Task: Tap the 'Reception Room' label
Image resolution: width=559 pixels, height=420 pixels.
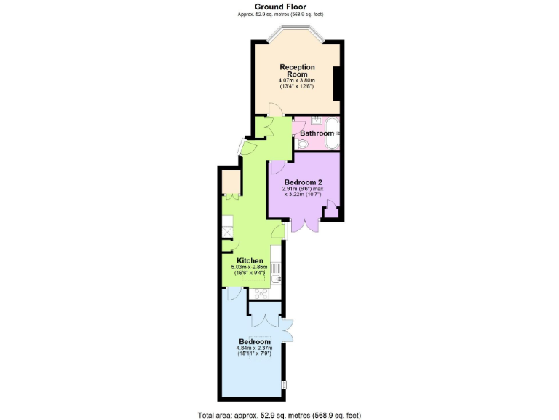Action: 297,71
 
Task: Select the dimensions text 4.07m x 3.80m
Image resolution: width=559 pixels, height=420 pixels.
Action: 297,80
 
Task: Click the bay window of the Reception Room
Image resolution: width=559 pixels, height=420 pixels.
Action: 298,32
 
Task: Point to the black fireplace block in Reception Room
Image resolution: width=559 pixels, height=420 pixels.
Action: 337,84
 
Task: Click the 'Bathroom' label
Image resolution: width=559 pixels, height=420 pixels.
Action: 317,133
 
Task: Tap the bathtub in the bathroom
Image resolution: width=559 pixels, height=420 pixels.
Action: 331,132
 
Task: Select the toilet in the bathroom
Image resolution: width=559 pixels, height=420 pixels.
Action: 301,143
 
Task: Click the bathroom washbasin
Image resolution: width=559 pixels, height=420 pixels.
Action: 317,120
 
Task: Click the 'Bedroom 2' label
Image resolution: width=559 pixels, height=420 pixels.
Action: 303,182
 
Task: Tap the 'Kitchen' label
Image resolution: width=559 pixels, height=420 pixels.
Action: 250,260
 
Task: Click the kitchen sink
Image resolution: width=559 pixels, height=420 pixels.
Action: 277,278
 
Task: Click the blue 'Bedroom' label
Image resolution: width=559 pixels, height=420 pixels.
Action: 255,341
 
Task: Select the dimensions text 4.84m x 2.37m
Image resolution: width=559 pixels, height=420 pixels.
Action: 255,349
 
